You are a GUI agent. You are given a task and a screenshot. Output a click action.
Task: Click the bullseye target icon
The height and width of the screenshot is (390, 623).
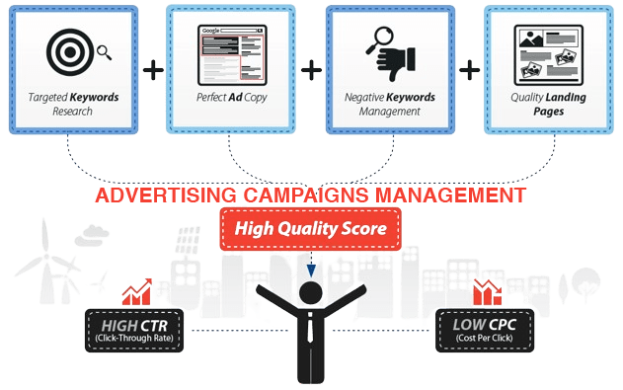[70, 52]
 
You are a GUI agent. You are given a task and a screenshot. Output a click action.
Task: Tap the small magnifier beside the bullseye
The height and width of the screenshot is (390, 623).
[104, 52]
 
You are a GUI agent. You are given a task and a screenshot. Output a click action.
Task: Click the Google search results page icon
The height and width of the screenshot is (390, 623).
[232, 55]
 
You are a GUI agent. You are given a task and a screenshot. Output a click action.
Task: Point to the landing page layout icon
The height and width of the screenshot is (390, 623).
[548, 55]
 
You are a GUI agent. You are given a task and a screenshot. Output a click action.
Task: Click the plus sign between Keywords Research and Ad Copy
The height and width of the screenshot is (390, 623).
[153, 70]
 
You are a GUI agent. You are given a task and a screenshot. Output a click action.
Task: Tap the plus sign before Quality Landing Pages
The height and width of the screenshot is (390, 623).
[470, 70]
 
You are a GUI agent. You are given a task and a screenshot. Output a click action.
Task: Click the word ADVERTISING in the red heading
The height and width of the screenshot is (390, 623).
[166, 195]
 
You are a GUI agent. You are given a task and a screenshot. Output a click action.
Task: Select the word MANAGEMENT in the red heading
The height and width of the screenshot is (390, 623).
[450, 195]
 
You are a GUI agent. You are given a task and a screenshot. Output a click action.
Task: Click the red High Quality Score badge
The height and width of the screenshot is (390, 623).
[310, 229]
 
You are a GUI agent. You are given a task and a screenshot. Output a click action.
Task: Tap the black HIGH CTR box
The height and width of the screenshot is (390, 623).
[134, 331]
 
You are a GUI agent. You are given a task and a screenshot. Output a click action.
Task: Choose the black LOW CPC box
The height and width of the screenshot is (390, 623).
[485, 331]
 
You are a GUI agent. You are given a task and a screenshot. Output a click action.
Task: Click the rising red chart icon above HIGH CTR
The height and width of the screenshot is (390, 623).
[137, 292]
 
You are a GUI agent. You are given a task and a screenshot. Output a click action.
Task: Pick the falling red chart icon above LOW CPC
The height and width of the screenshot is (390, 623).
[487, 292]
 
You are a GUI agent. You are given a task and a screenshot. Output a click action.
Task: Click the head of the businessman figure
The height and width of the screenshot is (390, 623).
[311, 294]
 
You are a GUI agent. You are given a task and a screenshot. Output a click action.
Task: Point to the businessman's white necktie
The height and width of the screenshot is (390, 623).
[310, 328]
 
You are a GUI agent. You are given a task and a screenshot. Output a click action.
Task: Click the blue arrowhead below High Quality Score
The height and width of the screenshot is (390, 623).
[311, 272]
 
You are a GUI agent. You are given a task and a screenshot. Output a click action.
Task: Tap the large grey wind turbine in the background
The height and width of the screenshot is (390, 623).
[48, 262]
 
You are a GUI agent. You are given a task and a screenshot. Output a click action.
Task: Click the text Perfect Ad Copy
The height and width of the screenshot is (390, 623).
[232, 98]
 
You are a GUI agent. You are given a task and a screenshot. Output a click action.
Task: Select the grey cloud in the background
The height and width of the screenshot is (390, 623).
[92, 235]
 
